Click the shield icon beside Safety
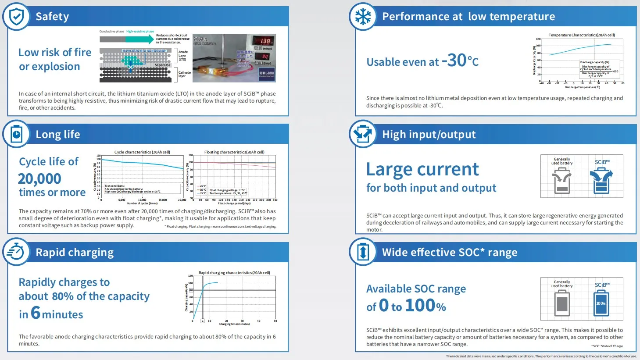16,17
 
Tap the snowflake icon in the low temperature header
363,17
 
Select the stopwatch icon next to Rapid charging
16,252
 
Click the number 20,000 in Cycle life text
39,179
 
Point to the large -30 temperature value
454,61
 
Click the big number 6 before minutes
36,313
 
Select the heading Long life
58,135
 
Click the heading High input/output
429,135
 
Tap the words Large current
422,169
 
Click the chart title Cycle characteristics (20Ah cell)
142,152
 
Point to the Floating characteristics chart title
234,152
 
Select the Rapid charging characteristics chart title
234,273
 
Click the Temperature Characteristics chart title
582,35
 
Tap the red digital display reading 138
265,41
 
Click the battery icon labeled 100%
601,303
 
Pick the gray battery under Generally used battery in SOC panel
562,303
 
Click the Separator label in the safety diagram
162,65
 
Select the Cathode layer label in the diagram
184,74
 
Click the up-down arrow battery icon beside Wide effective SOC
363,252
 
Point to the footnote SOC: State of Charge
607,346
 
